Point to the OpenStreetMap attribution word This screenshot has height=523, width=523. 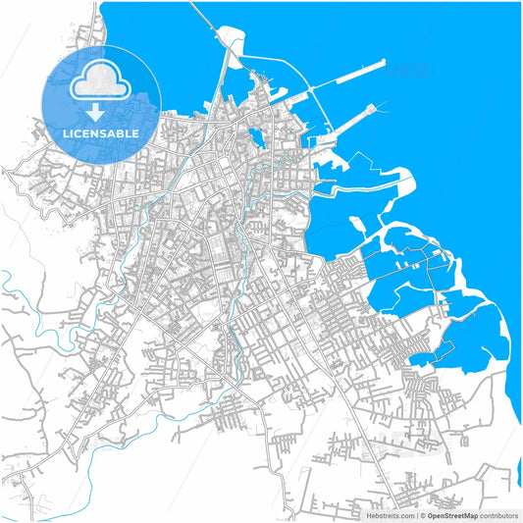point(452,514)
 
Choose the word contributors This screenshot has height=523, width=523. point(497,514)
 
